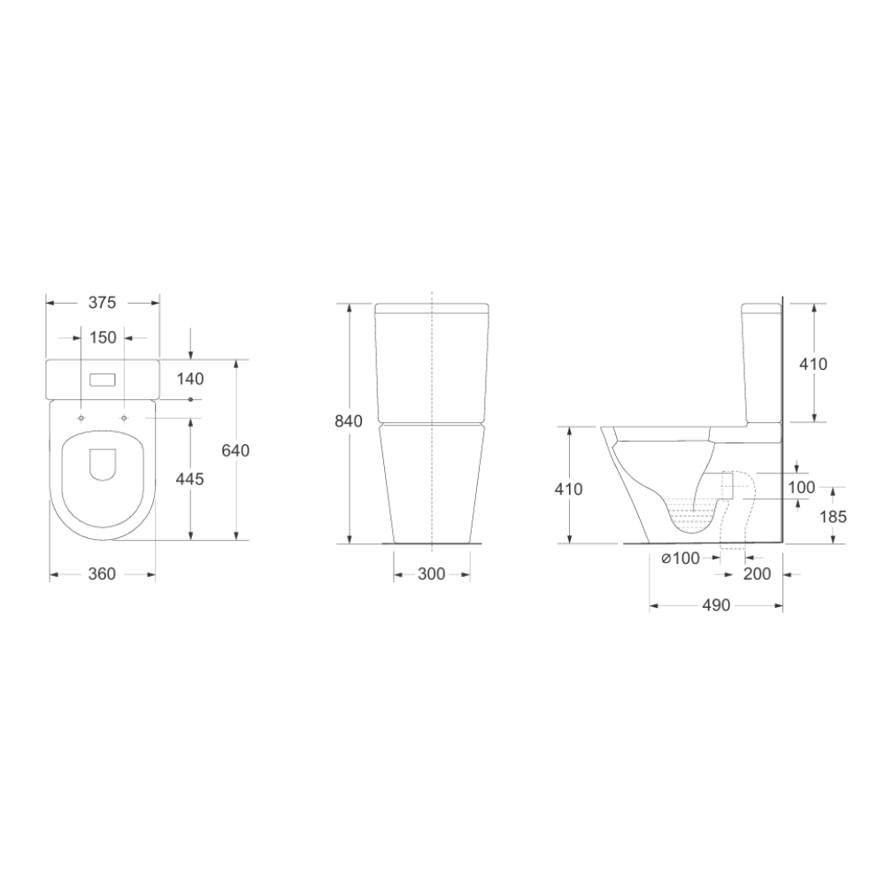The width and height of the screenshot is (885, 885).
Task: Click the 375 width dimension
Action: click(x=102, y=303)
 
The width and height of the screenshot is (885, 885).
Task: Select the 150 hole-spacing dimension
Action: click(x=103, y=337)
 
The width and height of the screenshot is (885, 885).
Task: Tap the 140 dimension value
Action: click(x=190, y=379)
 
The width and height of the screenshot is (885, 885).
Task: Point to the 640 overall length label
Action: click(x=235, y=450)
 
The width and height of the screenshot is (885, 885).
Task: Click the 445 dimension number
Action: click(x=190, y=479)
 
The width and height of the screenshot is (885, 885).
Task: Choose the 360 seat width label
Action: click(x=102, y=573)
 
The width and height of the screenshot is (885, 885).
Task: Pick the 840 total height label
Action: click(x=349, y=421)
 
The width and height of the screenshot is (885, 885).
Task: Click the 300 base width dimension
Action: click(x=432, y=574)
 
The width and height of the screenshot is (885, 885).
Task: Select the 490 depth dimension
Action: click(x=716, y=605)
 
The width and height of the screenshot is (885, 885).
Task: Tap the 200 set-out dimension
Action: click(x=757, y=573)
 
